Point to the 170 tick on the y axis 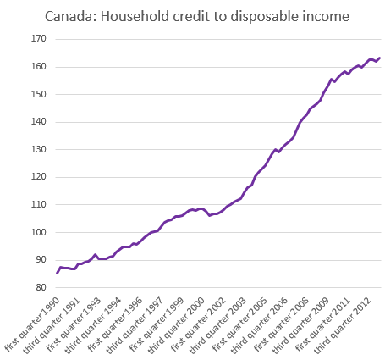coord(38,38)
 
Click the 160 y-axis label coord(38,66)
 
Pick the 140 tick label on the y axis coord(38,121)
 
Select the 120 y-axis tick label coord(38,177)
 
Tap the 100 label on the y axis coord(38,232)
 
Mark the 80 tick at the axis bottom coord(41,287)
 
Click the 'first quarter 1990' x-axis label coord(32,324)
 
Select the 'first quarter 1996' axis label coord(115,324)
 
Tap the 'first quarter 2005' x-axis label coord(239,324)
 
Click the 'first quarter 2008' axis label coord(281,324)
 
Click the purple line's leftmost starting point coord(57,274)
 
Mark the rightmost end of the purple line coord(380,58)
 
